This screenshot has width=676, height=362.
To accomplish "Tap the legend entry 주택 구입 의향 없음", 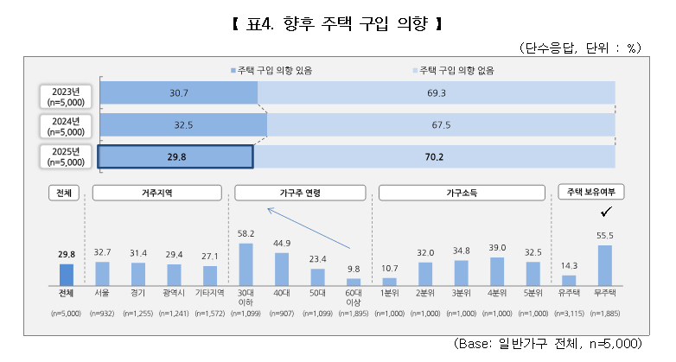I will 459,69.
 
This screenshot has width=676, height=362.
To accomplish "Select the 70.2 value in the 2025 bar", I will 434,156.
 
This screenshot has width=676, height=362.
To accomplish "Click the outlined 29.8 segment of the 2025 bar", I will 175,156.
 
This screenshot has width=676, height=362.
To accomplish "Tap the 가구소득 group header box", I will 461,193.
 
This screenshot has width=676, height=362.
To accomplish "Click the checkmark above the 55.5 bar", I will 605,212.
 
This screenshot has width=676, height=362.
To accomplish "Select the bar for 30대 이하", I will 246,264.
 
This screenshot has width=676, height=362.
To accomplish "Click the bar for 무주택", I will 605,265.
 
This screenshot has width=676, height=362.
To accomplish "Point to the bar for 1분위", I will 390,281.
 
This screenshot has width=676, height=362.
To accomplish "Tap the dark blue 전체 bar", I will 67,274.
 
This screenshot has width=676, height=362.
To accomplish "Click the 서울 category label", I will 102,294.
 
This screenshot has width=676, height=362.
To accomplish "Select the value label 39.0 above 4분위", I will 497,248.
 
